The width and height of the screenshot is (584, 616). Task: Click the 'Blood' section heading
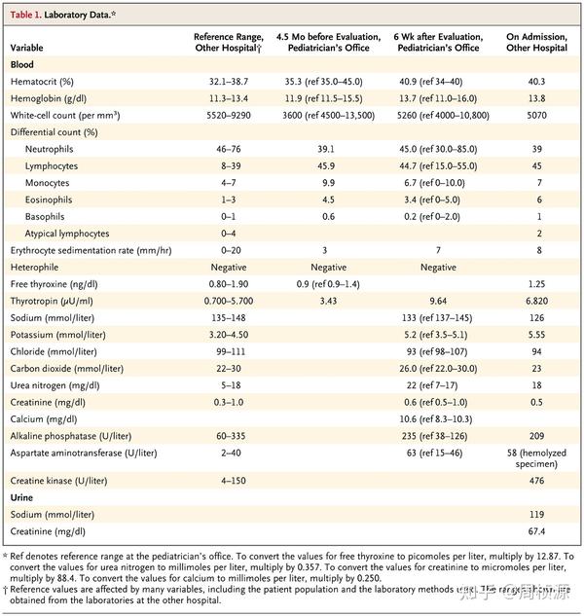pos(23,62)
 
